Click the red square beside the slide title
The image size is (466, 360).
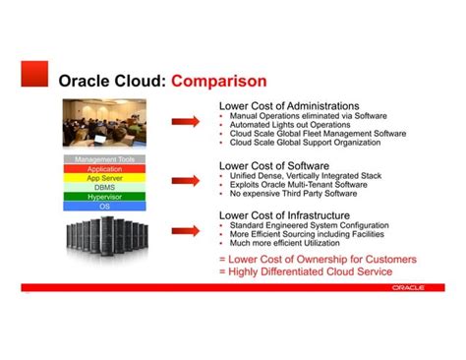click(34, 74)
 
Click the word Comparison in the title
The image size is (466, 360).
click(218, 80)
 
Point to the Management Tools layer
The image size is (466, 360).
click(105, 159)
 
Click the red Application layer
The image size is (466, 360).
click(105, 169)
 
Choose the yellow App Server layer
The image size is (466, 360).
click(105, 178)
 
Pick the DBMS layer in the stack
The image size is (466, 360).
click(105, 187)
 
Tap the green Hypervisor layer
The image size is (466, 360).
click(105, 197)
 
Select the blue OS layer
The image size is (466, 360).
click(105, 206)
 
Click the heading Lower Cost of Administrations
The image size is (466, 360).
click(288, 105)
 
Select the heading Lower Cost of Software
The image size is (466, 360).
click(273, 166)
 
